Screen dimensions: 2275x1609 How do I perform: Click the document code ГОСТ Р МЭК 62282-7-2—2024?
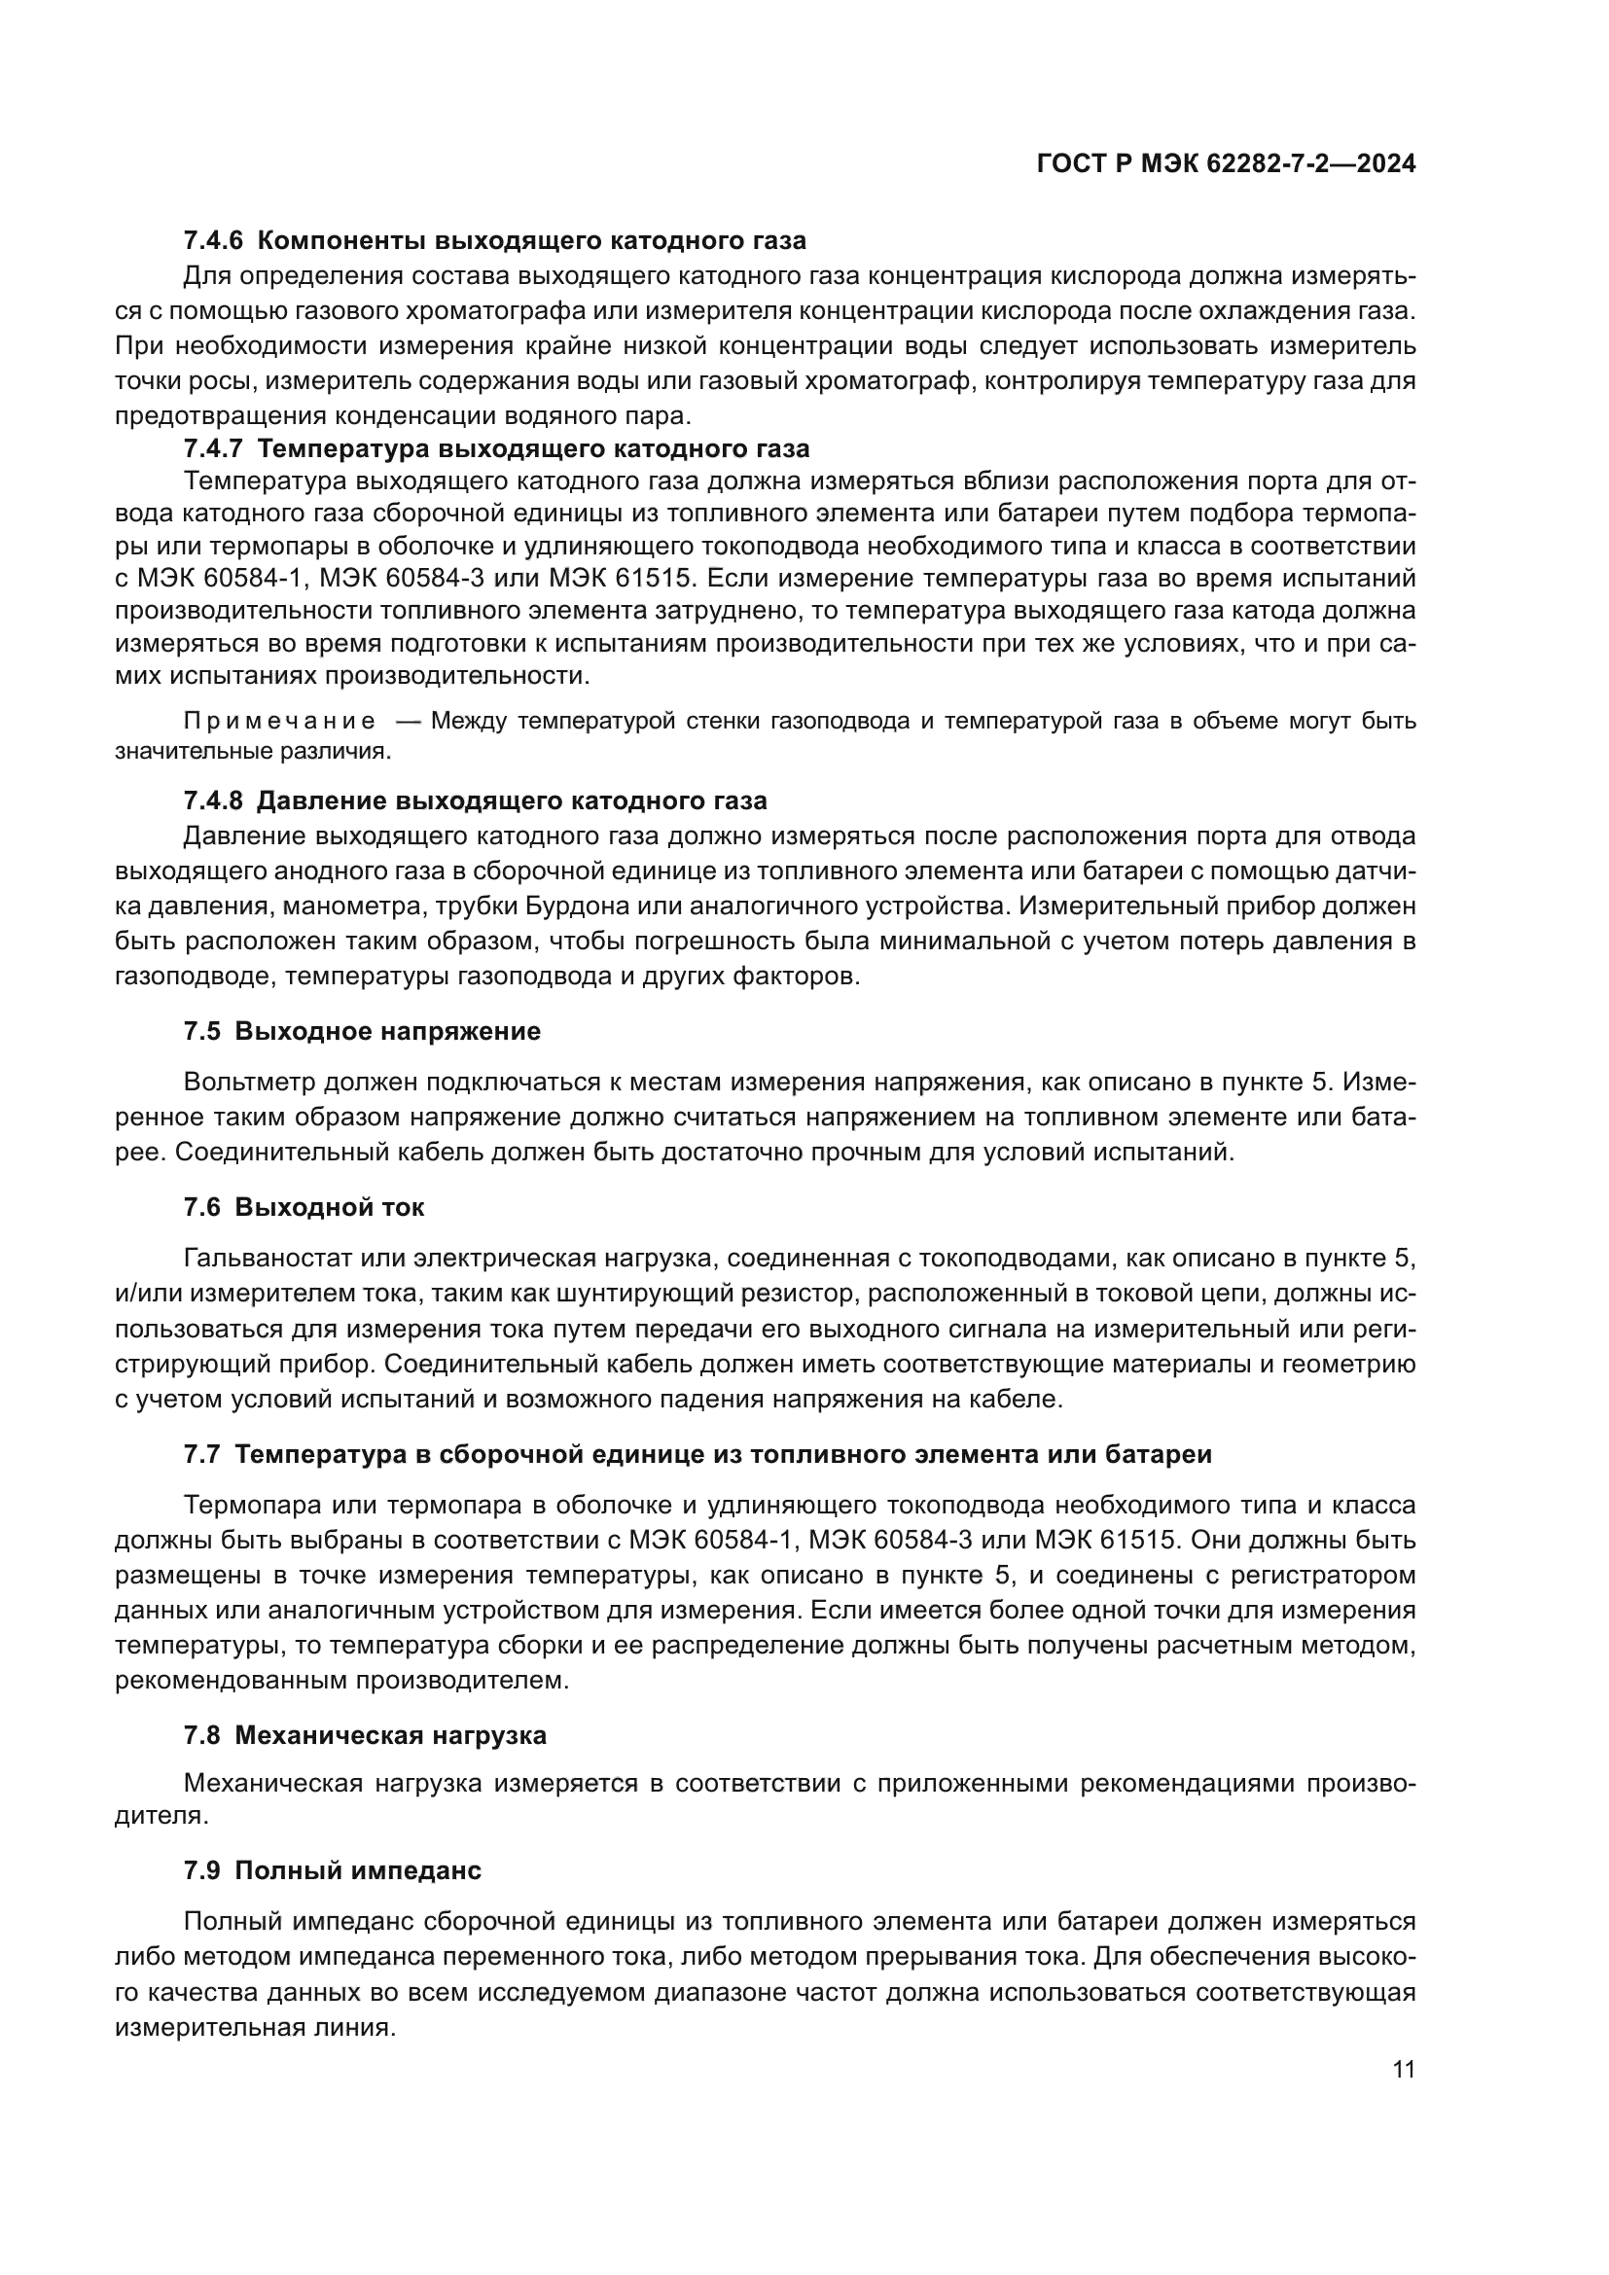pos(1226,164)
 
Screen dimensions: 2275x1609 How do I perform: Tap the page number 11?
pos(1403,2070)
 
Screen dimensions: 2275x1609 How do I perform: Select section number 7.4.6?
pos(213,241)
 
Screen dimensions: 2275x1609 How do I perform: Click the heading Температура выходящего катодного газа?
pos(533,448)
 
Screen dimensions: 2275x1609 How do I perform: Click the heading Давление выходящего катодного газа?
pos(512,800)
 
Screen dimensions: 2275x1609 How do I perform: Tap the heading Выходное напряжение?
pos(387,1031)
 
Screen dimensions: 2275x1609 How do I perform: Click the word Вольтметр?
pos(248,1082)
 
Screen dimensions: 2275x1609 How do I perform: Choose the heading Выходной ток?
pos(329,1208)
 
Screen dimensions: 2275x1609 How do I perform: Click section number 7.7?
pos(202,1454)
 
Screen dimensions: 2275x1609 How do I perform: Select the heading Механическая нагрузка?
pos(390,1736)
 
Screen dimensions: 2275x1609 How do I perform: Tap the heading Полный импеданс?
pos(358,1870)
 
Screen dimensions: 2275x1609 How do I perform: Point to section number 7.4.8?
pos(213,800)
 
